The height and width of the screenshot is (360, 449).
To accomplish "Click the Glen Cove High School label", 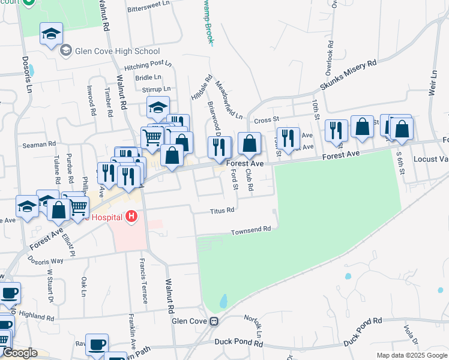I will click(118, 51).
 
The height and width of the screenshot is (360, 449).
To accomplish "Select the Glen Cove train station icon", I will click(213, 321).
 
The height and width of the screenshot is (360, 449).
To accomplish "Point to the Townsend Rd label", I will click(252, 230).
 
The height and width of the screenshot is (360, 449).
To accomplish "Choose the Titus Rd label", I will click(222, 211).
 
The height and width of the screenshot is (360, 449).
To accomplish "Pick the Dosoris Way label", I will click(45, 260).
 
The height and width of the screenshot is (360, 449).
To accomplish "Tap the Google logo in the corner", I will click(20, 353).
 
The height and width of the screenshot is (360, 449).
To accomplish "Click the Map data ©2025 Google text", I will click(412, 355).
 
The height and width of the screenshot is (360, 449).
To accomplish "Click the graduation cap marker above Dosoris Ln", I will click(52, 35).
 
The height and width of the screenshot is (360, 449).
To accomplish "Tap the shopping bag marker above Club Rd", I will click(249, 144).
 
